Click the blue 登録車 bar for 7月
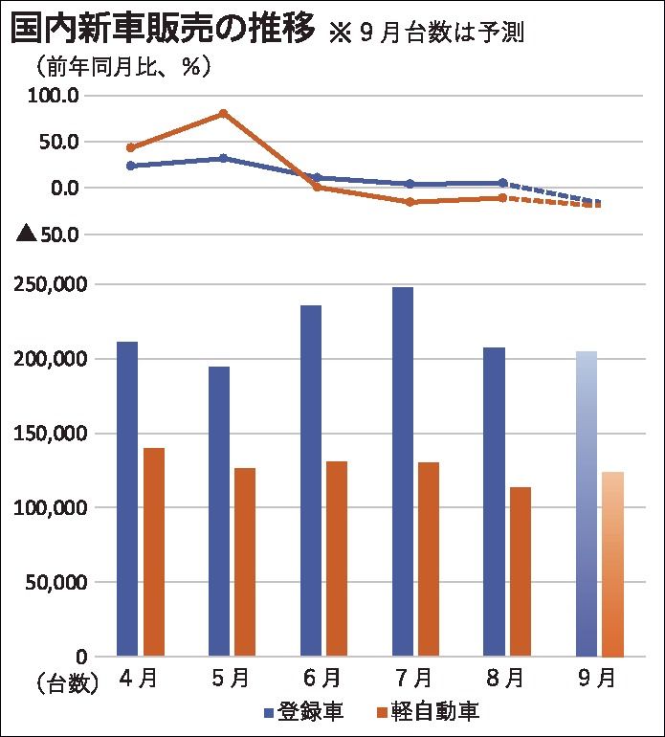coord(403,471)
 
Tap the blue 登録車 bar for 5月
coord(219,511)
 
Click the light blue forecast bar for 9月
coord(587,503)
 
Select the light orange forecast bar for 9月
coord(612,564)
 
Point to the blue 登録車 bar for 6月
coord(311,480)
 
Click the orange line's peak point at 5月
coord(223,114)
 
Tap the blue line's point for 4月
coord(130,166)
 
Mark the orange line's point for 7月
coord(410,202)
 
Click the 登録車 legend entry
coord(302,711)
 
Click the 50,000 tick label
coord(55,582)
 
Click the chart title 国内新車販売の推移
coord(163,29)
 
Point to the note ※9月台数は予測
coord(427,32)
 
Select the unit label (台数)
coord(68,682)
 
